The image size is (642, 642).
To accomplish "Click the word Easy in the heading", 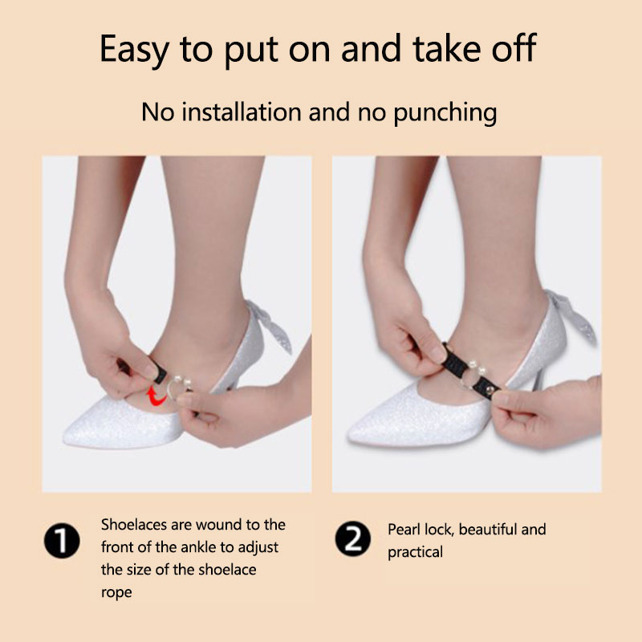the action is (134, 50).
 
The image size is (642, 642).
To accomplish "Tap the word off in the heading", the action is (514, 47).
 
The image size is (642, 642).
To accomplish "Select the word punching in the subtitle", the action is (445, 113).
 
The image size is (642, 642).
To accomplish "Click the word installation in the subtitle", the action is (242, 112).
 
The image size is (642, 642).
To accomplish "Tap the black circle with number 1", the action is (62, 540).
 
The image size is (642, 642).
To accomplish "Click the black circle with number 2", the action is (353, 539).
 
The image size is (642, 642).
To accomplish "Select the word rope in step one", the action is (116, 593).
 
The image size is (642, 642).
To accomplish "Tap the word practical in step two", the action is (415, 552).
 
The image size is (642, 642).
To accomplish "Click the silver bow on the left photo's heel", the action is (271, 326).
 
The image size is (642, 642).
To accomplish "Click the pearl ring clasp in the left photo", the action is (179, 388).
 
